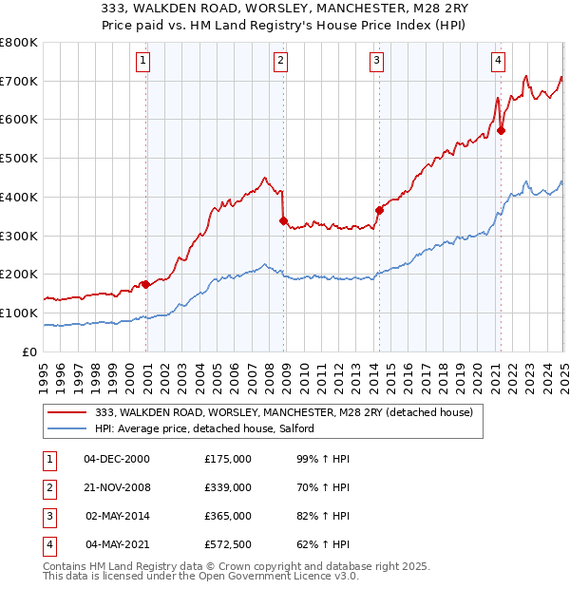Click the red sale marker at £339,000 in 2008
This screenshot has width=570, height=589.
tap(284, 220)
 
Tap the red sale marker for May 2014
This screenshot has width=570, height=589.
tap(379, 210)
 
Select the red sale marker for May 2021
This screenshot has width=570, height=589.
tap(501, 131)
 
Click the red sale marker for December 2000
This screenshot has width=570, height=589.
tap(145, 283)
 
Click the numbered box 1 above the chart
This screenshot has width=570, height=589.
tap(142, 61)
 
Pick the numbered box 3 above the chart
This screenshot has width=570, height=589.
tap(376, 61)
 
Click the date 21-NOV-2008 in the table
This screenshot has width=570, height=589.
tap(117, 487)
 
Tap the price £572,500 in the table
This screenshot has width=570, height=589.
tap(228, 544)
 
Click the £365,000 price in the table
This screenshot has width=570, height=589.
tap(228, 516)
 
